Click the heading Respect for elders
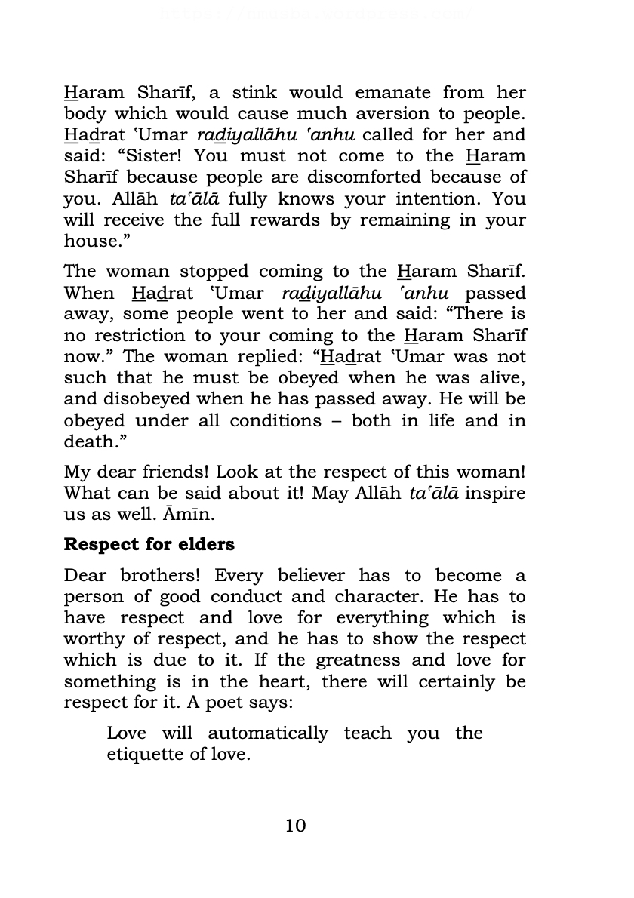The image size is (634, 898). tap(149, 544)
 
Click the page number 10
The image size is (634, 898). tap(296, 826)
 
